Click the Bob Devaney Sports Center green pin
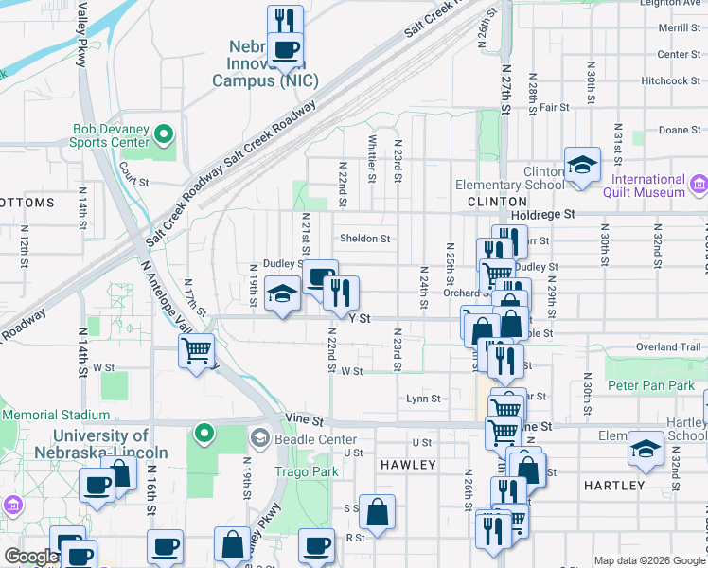tap(166, 135)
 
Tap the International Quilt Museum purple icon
tap(699, 182)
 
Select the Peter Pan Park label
tap(651, 386)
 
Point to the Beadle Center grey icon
tap(260, 439)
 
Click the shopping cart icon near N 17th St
tap(196, 351)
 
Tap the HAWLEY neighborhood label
tap(408, 465)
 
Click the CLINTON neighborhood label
tap(497, 202)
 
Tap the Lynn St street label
tap(423, 399)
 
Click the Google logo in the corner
tap(30, 557)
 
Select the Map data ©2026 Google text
tap(648, 560)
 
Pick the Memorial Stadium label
tap(56, 415)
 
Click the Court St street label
tap(134, 181)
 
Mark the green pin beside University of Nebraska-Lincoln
tap(202, 435)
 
